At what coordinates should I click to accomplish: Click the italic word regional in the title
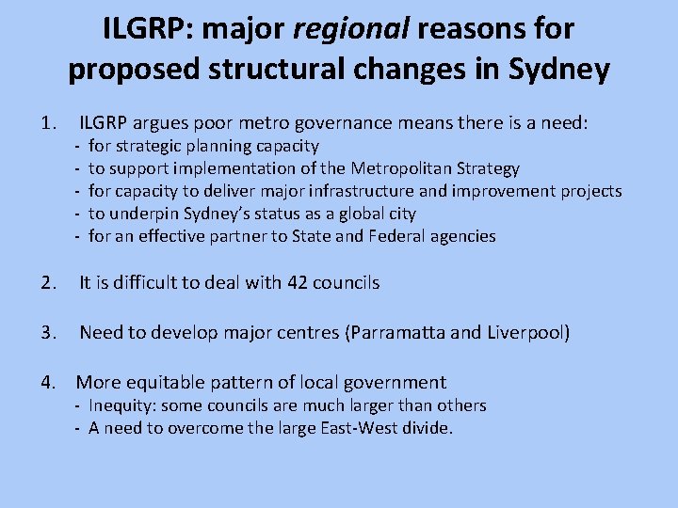351,30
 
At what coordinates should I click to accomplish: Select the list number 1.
48,122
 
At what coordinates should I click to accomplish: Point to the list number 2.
48,282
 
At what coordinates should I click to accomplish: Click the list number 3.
48,333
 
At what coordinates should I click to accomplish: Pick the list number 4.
48,382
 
